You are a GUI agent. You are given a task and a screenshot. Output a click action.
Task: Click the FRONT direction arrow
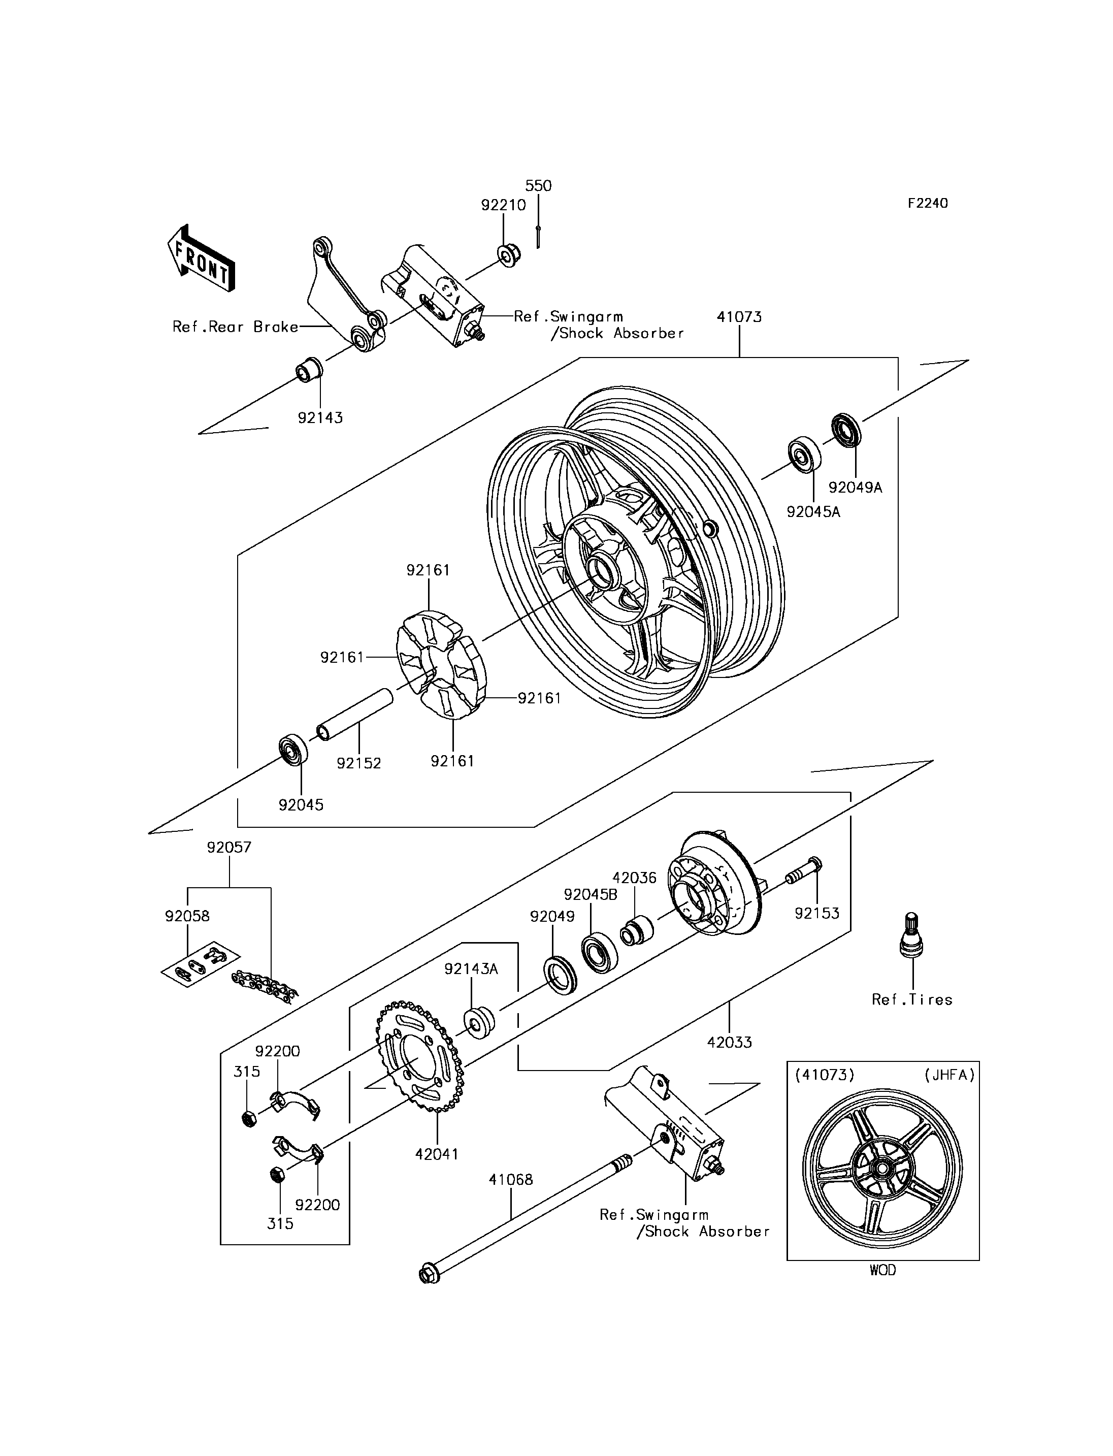[x=201, y=258]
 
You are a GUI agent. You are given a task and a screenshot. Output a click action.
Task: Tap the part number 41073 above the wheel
[x=739, y=317]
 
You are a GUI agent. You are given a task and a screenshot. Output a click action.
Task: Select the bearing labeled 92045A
[x=804, y=455]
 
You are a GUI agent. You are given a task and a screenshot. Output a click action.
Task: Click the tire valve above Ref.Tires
[x=913, y=934]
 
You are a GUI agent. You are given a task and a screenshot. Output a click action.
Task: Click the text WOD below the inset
[x=882, y=1270]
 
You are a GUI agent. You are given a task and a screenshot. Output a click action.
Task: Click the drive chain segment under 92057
[x=265, y=985]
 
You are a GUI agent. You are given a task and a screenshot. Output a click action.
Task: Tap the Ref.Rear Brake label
[x=235, y=327]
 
